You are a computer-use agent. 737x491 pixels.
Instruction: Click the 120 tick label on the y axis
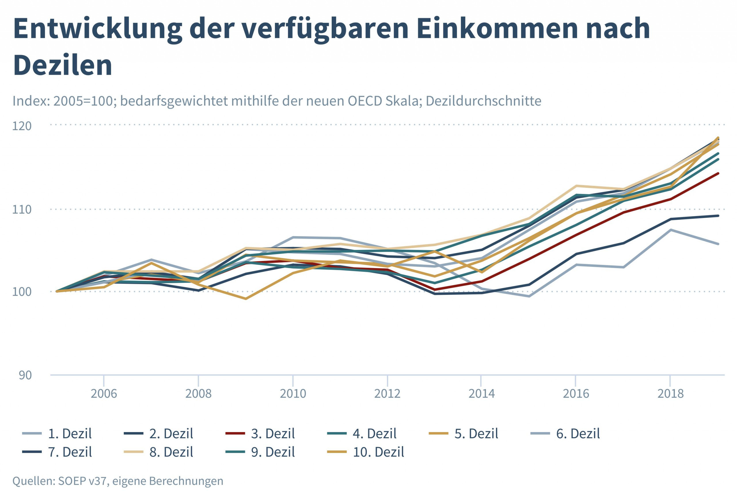click(22, 126)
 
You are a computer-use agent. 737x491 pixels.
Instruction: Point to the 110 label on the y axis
click(22, 209)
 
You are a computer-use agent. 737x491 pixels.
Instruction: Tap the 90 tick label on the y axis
click(25, 375)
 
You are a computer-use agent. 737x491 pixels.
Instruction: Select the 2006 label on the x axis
click(104, 393)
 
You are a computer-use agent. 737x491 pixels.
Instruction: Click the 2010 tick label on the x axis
click(293, 393)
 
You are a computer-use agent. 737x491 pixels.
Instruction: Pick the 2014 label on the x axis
click(481, 393)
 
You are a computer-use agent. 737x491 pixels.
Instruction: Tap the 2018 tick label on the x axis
click(670, 393)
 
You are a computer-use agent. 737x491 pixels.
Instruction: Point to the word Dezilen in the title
click(63, 65)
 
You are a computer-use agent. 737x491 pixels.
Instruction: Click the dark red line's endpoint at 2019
click(718, 173)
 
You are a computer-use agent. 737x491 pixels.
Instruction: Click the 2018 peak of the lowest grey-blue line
click(670, 230)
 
